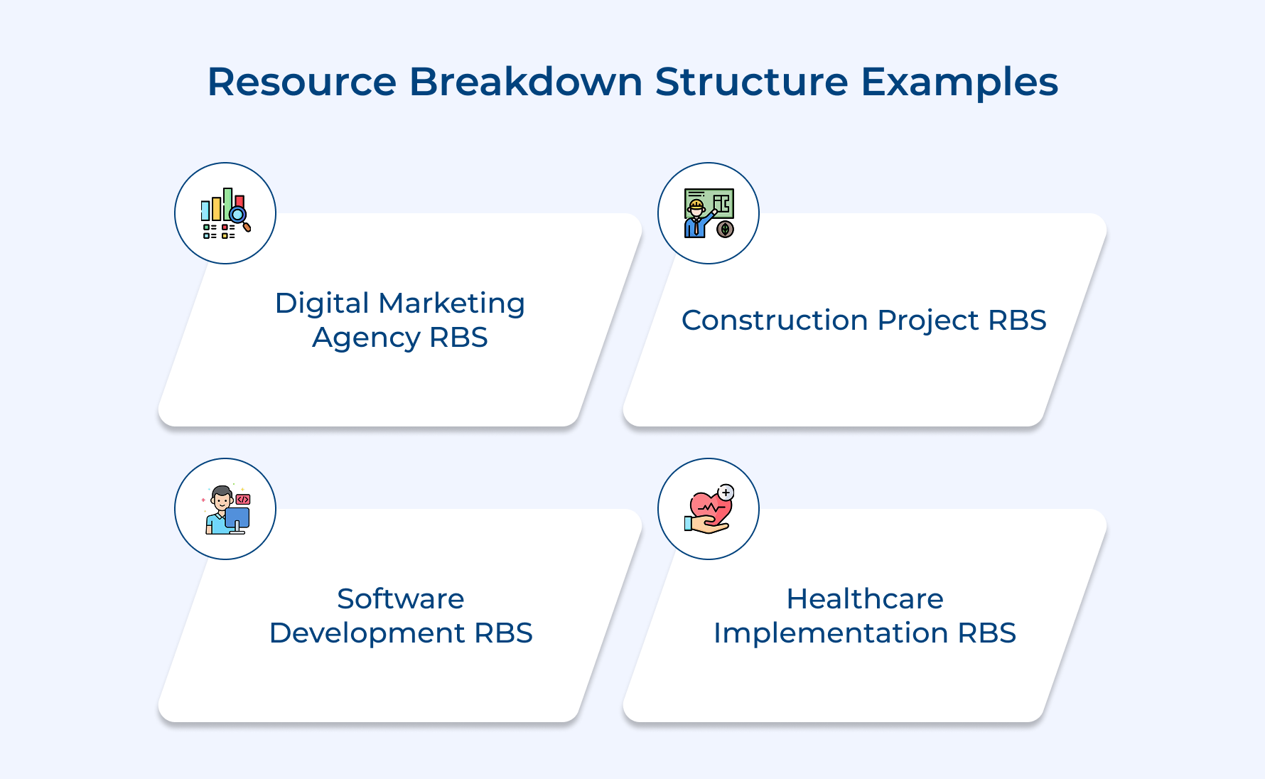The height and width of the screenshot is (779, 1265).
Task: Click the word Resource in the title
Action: point(301,82)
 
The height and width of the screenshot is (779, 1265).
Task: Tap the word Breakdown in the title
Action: point(525,82)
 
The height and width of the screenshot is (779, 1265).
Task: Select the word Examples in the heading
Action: point(959,82)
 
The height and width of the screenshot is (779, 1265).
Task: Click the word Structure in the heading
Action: point(751,82)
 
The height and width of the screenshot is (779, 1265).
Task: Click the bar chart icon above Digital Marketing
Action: point(225,213)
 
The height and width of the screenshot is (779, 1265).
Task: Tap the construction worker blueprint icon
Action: point(709,213)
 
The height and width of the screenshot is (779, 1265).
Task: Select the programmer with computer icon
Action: point(225,509)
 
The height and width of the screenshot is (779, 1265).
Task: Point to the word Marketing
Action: point(451,303)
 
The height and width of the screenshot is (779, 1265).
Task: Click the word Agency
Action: point(366,338)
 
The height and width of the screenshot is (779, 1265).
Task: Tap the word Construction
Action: point(775,321)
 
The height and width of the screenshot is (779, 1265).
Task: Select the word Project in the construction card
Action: point(927,321)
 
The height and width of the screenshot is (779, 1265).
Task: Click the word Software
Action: point(400,599)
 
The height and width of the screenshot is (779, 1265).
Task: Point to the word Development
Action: point(367,633)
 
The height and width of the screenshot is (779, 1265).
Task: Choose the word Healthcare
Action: point(864,599)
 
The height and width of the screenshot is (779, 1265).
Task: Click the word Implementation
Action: point(830,633)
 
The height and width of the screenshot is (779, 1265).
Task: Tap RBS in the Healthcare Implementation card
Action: point(986,633)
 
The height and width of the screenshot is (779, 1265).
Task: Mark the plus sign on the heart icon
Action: point(726,493)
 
